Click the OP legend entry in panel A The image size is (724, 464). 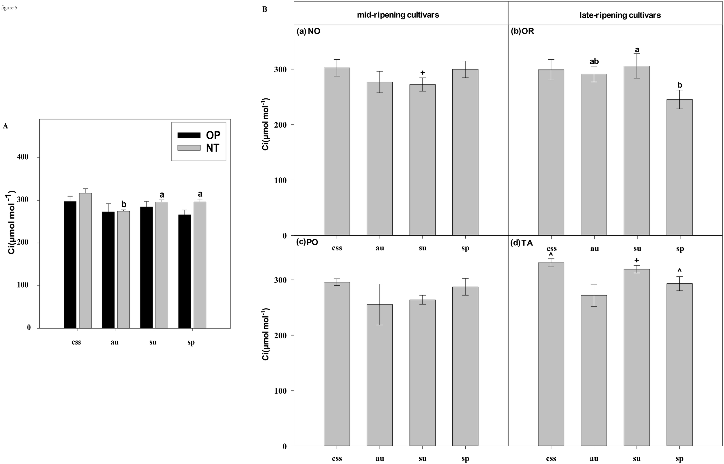coord(199,135)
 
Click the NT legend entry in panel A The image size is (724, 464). coord(199,148)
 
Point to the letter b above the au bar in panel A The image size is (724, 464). coord(124,204)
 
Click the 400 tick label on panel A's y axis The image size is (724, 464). coord(23,157)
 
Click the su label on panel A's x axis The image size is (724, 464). coord(153,342)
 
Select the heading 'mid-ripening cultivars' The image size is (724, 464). coord(398,15)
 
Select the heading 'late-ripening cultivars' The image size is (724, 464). coord(620,15)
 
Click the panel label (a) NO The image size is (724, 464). coord(308,31)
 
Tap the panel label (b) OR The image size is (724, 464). coord(522,31)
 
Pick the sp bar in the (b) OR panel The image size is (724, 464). coord(679,167)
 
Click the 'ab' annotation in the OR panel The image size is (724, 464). coord(594,62)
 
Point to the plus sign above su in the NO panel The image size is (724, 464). coord(423,73)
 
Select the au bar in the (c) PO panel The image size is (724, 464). coord(379,375)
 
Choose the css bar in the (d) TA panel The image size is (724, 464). coord(551,354)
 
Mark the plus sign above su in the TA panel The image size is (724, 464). coord(637,260)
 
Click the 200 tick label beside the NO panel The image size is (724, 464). coord(280,125)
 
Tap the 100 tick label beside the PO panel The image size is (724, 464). coord(280,391)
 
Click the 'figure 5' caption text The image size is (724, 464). coord(9,8)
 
